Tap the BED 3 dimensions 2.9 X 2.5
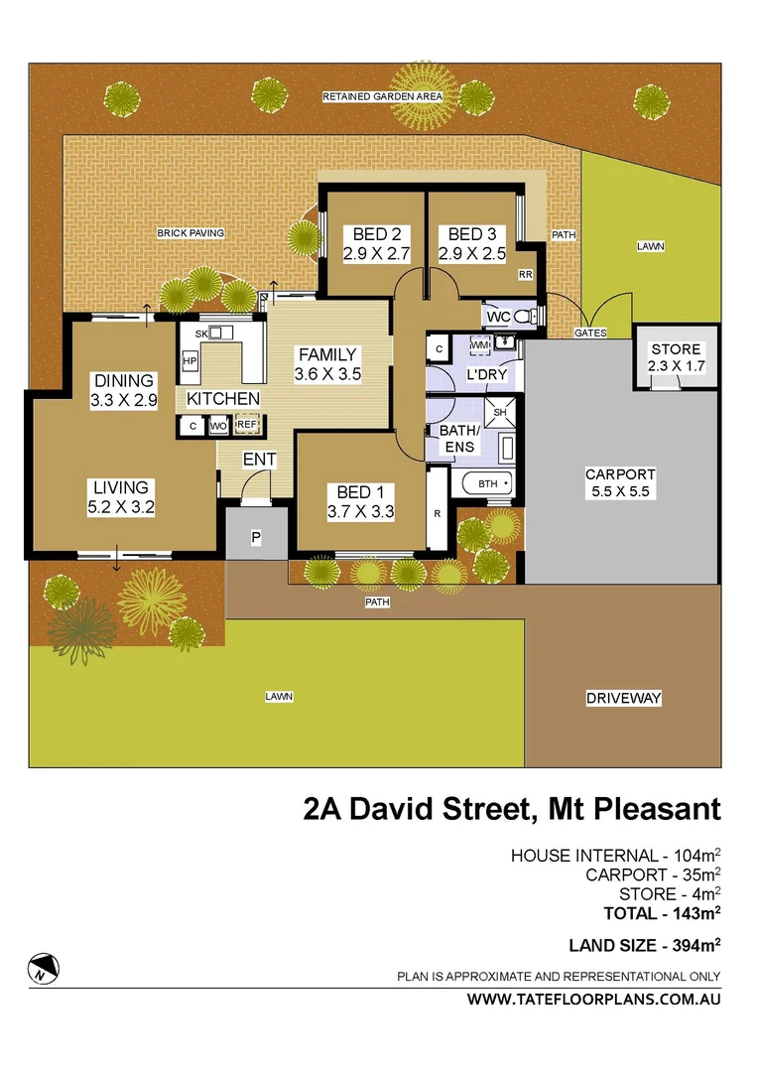(x=472, y=253)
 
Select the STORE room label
(x=676, y=349)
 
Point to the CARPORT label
(x=621, y=474)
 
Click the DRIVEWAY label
(x=623, y=698)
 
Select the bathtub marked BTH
(x=487, y=484)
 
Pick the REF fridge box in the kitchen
(x=247, y=425)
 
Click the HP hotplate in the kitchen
(x=189, y=360)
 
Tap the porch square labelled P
(x=255, y=537)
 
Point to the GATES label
(x=590, y=334)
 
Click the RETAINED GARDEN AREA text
(x=382, y=96)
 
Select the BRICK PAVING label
(x=190, y=233)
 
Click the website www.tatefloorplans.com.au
(x=593, y=1000)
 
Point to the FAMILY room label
(x=327, y=354)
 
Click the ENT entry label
(x=259, y=460)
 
